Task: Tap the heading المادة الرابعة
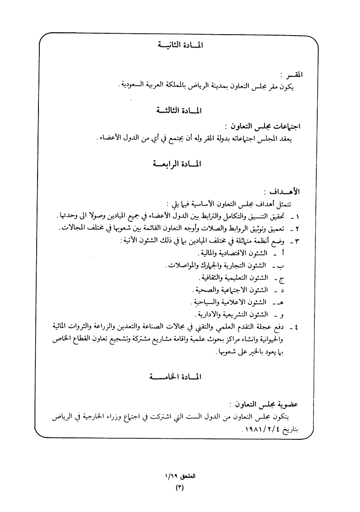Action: tap(179, 164)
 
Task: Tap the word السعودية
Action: tap(135, 85)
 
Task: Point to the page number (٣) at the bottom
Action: tap(180, 487)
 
